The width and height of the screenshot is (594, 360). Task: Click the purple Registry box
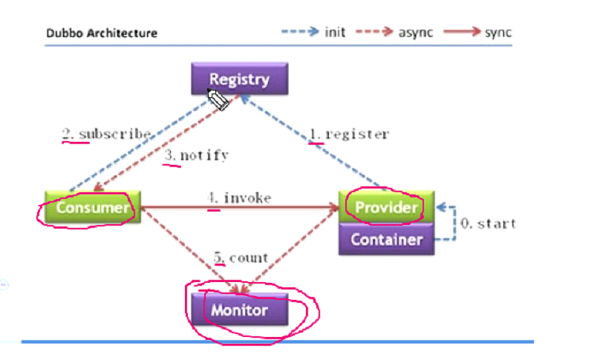click(239, 79)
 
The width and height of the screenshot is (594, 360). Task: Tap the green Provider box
click(385, 207)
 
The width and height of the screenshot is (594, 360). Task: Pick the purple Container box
click(387, 239)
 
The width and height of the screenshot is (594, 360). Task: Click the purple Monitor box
click(239, 309)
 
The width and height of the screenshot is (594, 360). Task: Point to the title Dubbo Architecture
click(102, 33)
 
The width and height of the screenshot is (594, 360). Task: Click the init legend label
click(335, 33)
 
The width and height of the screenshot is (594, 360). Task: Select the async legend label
click(416, 33)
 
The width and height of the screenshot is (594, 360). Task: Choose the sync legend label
click(497, 33)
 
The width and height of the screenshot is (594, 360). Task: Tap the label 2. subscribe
click(106, 134)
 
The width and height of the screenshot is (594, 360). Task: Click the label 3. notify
click(195, 156)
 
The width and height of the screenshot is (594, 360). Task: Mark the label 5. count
click(241, 258)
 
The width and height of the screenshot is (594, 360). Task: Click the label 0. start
click(488, 223)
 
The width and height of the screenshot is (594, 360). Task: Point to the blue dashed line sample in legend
click(298, 33)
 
